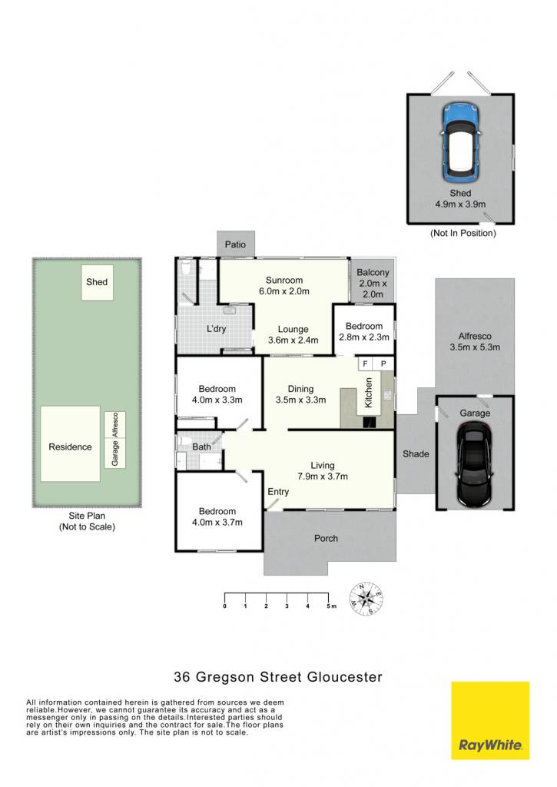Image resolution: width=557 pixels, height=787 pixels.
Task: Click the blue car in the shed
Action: pyautogui.click(x=460, y=143)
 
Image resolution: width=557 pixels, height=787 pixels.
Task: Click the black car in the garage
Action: pyautogui.click(x=474, y=464)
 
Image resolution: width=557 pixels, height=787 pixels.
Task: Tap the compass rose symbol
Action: pyautogui.click(x=366, y=599)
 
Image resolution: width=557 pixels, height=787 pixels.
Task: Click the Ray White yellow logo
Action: pyautogui.click(x=490, y=727)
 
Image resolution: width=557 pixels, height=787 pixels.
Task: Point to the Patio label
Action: pyautogui.click(x=235, y=244)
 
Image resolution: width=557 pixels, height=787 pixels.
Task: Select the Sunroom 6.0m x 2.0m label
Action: pyautogui.click(x=284, y=286)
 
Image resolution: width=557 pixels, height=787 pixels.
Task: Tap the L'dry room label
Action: pyautogui.click(x=217, y=329)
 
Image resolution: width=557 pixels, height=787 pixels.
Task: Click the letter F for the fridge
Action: pyautogui.click(x=365, y=364)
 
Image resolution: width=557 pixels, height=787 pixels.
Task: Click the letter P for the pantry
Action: pyautogui.click(x=383, y=364)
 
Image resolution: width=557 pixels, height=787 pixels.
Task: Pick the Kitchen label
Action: pyautogui.click(x=368, y=393)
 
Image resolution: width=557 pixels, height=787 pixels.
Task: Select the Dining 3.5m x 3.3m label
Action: pyautogui.click(x=300, y=394)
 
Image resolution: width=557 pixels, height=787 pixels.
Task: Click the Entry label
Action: pyautogui.click(x=278, y=491)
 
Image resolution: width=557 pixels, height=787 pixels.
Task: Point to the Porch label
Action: pyautogui.click(x=327, y=538)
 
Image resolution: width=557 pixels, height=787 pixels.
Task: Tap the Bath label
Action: pyautogui.click(x=202, y=447)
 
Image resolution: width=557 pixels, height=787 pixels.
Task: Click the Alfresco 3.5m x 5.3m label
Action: pyautogui.click(x=475, y=341)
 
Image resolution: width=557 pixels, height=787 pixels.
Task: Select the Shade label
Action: pyautogui.click(x=416, y=453)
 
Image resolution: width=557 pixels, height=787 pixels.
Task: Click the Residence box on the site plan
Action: pyautogui.click(x=70, y=443)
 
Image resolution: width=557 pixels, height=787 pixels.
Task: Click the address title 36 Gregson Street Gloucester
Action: pyautogui.click(x=278, y=676)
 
